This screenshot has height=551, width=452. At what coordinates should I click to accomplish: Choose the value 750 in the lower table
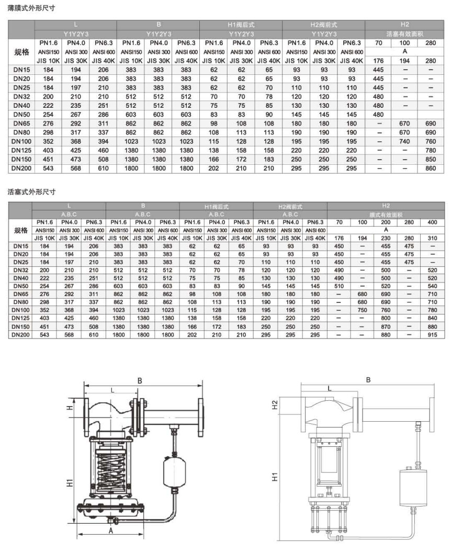pyautogui.click(x=362, y=310)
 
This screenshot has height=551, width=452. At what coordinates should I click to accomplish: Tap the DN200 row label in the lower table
pyautogui.click(x=21, y=334)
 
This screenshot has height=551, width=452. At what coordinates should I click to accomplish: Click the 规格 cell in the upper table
pyautogui.click(x=21, y=52)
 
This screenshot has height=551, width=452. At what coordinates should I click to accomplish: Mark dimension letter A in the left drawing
pyautogui.click(x=110, y=530)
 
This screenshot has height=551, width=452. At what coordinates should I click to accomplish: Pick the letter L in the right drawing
pyautogui.click(x=329, y=389)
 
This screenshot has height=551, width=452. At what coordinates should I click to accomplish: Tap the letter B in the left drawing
pyautogui.click(x=140, y=382)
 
